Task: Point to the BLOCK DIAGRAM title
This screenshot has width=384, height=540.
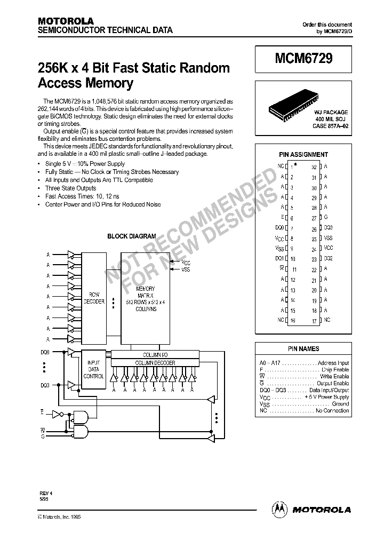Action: pos(132,236)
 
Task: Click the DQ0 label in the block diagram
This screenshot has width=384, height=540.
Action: pos(44,352)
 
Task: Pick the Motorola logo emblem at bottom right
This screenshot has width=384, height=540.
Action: pos(280,509)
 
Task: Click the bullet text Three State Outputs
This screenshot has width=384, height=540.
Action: pos(71,188)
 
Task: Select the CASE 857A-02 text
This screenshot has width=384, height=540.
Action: pos(330,126)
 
